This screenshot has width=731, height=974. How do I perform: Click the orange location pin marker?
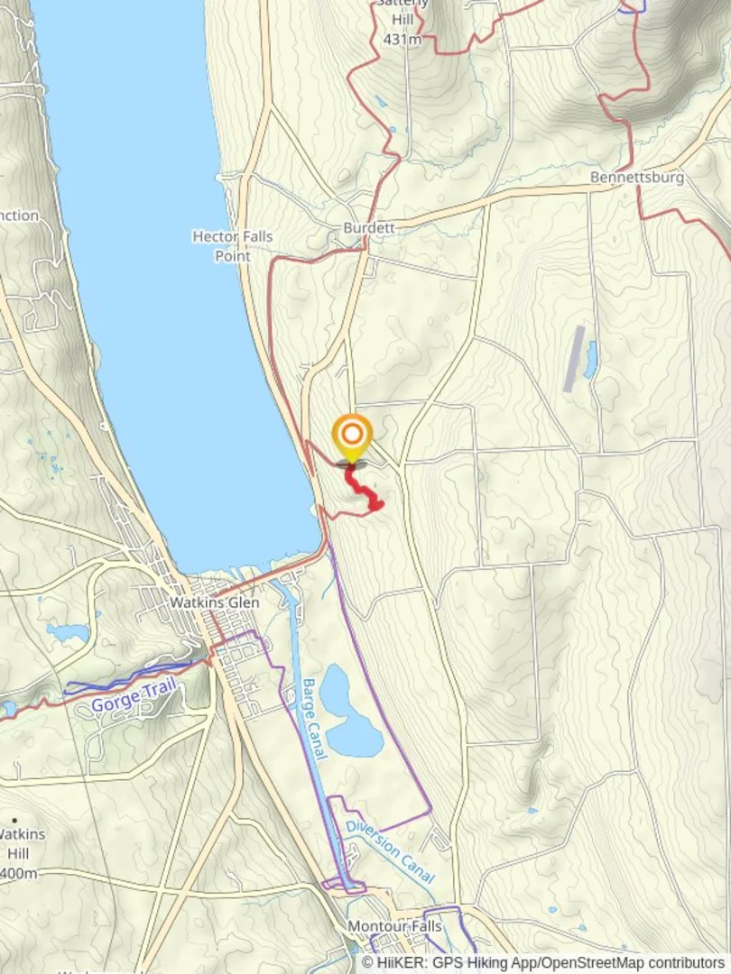click(x=352, y=436)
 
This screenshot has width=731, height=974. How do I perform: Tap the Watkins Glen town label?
click(x=215, y=602)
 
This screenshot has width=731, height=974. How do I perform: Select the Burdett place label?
click(x=369, y=228)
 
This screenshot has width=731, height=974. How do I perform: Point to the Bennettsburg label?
click(x=636, y=177)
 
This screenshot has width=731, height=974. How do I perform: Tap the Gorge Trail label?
click(x=135, y=697)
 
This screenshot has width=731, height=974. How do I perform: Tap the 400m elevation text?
click(x=18, y=873)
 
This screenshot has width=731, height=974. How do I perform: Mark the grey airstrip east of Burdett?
click(x=574, y=358)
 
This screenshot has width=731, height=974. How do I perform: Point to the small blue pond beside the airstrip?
click(x=591, y=358)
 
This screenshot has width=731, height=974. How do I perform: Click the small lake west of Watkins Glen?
click(x=67, y=633)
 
